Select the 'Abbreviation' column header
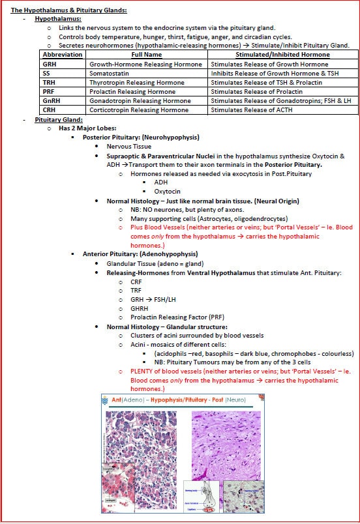tap(63, 55)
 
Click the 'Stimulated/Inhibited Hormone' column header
tap(280, 55)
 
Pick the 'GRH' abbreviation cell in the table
tap(50, 65)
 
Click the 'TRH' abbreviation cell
tap(50, 83)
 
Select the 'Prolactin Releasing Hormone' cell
tap(132, 92)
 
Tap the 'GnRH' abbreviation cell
tap(52, 101)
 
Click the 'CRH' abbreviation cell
tap(50, 110)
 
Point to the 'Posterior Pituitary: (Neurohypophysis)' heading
tap(141, 138)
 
